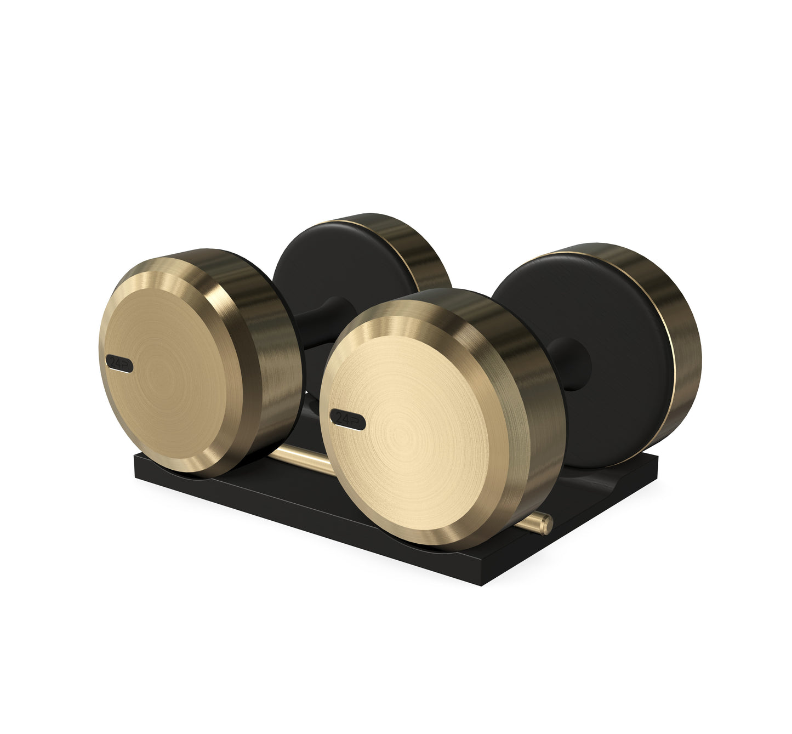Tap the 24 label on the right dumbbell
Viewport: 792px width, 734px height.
coord(347,419)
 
